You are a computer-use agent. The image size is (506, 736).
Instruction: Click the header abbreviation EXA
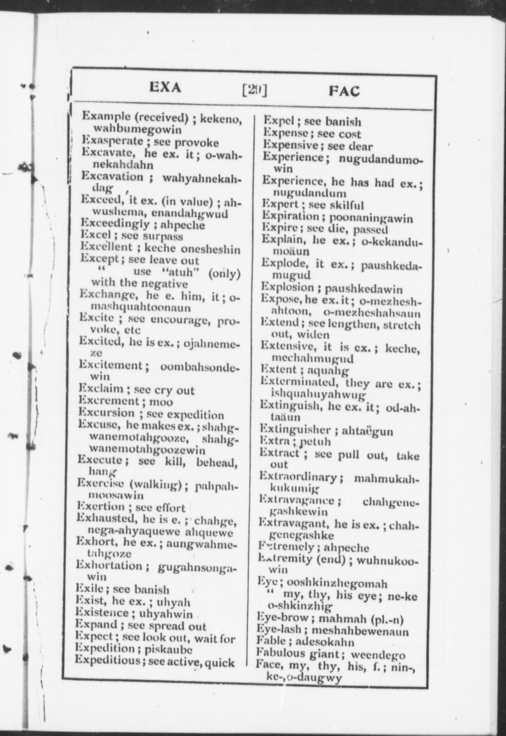(165, 88)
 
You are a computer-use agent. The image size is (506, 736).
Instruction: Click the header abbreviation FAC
(344, 91)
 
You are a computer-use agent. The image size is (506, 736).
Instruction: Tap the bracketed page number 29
(255, 90)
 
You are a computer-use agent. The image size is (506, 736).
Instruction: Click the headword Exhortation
(108, 566)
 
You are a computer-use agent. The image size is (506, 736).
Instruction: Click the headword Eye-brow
(282, 619)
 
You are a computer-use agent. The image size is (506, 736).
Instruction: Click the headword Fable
(271, 641)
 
